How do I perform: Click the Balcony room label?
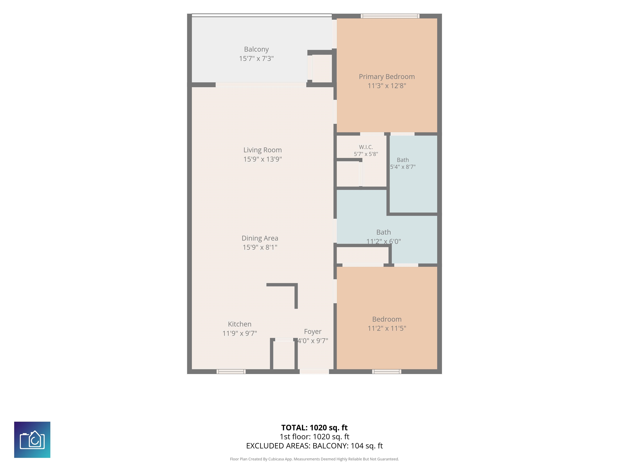coord(256,49)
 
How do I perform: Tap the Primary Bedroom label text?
coord(387,77)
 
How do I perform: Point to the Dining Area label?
coord(260,238)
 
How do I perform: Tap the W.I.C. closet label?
coord(366,147)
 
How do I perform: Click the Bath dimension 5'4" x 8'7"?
coord(403,167)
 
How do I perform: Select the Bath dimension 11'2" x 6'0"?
coord(384,242)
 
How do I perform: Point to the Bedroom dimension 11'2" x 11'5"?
coord(387,328)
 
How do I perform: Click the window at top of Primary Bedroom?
coord(390,16)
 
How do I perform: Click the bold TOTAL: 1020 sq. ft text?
coord(314,428)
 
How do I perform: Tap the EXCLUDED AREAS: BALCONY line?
coord(314,446)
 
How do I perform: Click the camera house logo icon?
coord(32,440)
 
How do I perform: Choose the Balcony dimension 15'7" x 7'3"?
coord(256,59)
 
